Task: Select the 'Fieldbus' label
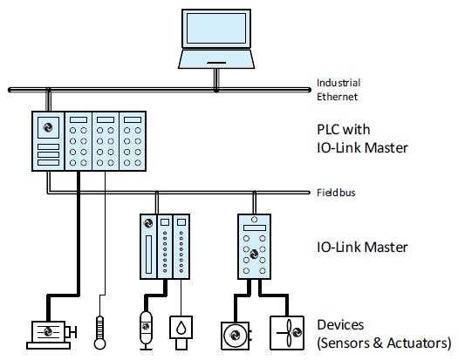click(336, 192)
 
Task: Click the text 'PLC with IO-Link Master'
click(362, 138)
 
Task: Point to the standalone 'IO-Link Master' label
click(361, 247)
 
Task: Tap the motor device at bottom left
click(51, 331)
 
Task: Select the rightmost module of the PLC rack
click(132, 142)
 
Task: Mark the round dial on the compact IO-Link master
click(256, 252)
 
